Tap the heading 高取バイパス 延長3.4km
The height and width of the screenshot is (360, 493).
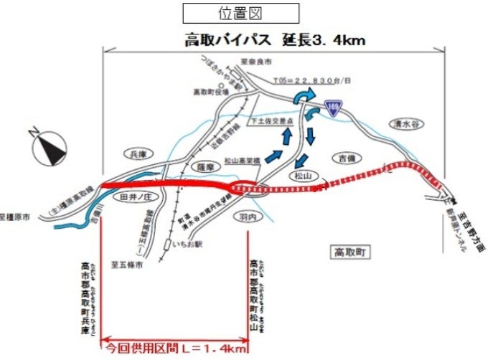275,40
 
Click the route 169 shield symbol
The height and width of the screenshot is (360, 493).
332,106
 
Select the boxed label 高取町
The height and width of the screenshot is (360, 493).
350,252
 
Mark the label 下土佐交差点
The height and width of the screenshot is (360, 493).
269,121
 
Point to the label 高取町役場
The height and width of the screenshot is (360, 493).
209,91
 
